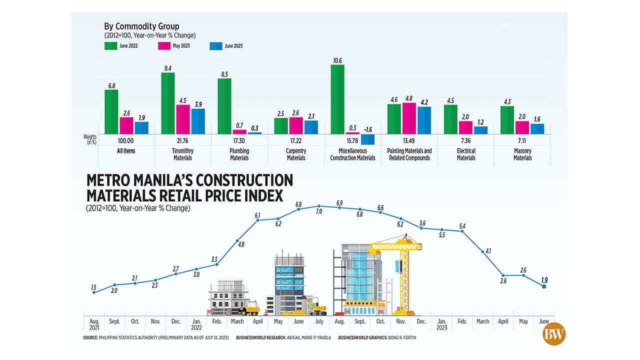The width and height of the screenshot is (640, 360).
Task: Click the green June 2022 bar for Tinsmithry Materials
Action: [168, 103]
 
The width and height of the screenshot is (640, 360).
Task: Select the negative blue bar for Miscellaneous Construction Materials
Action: [367, 139]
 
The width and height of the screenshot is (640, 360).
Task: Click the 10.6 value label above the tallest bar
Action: [337, 60]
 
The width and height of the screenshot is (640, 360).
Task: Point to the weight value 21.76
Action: [183, 140]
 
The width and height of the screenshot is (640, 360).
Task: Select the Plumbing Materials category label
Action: [239, 154]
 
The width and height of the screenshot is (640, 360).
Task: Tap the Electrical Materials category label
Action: [465, 154]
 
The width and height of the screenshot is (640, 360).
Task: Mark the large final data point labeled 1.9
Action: [544, 286]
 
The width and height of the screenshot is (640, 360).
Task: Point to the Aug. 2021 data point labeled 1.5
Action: [93, 292]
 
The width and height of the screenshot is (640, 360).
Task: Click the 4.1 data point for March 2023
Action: [482, 252]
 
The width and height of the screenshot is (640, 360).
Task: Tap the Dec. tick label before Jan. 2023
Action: [421, 321]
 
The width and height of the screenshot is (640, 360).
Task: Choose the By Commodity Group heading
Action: [141, 26]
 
